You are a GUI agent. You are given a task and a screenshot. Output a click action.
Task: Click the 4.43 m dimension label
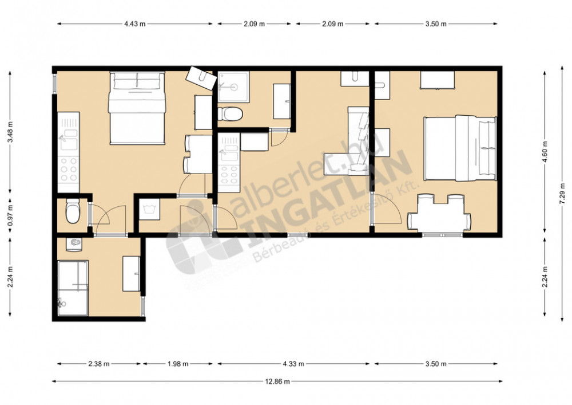click(x=135, y=24)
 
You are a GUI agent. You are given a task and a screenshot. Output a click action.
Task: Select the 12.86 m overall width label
click(x=277, y=382)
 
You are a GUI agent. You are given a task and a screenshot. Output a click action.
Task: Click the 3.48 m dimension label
click(x=10, y=132)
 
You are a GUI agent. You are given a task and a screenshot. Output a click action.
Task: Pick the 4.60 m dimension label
click(x=545, y=152)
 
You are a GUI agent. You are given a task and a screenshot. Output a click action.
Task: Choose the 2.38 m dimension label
click(x=98, y=364)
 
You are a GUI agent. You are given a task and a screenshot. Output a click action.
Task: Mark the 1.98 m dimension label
click(x=178, y=364)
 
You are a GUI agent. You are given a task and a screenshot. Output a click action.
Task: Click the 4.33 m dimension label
click(x=293, y=364)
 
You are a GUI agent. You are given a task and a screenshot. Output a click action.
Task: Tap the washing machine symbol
click(x=149, y=209)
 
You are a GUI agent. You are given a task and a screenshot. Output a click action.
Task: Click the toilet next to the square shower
click(x=230, y=113)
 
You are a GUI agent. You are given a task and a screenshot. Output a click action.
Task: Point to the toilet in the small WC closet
click(x=73, y=211)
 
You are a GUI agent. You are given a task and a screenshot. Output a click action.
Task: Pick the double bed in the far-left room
click(x=137, y=108)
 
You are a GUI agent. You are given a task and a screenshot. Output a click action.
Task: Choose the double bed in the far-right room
click(x=460, y=148)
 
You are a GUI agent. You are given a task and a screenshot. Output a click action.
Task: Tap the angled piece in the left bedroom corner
click(x=200, y=78)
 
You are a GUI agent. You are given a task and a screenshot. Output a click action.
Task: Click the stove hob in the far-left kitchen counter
click(x=69, y=169)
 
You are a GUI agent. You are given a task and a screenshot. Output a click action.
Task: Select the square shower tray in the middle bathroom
click(x=234, y=87)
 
